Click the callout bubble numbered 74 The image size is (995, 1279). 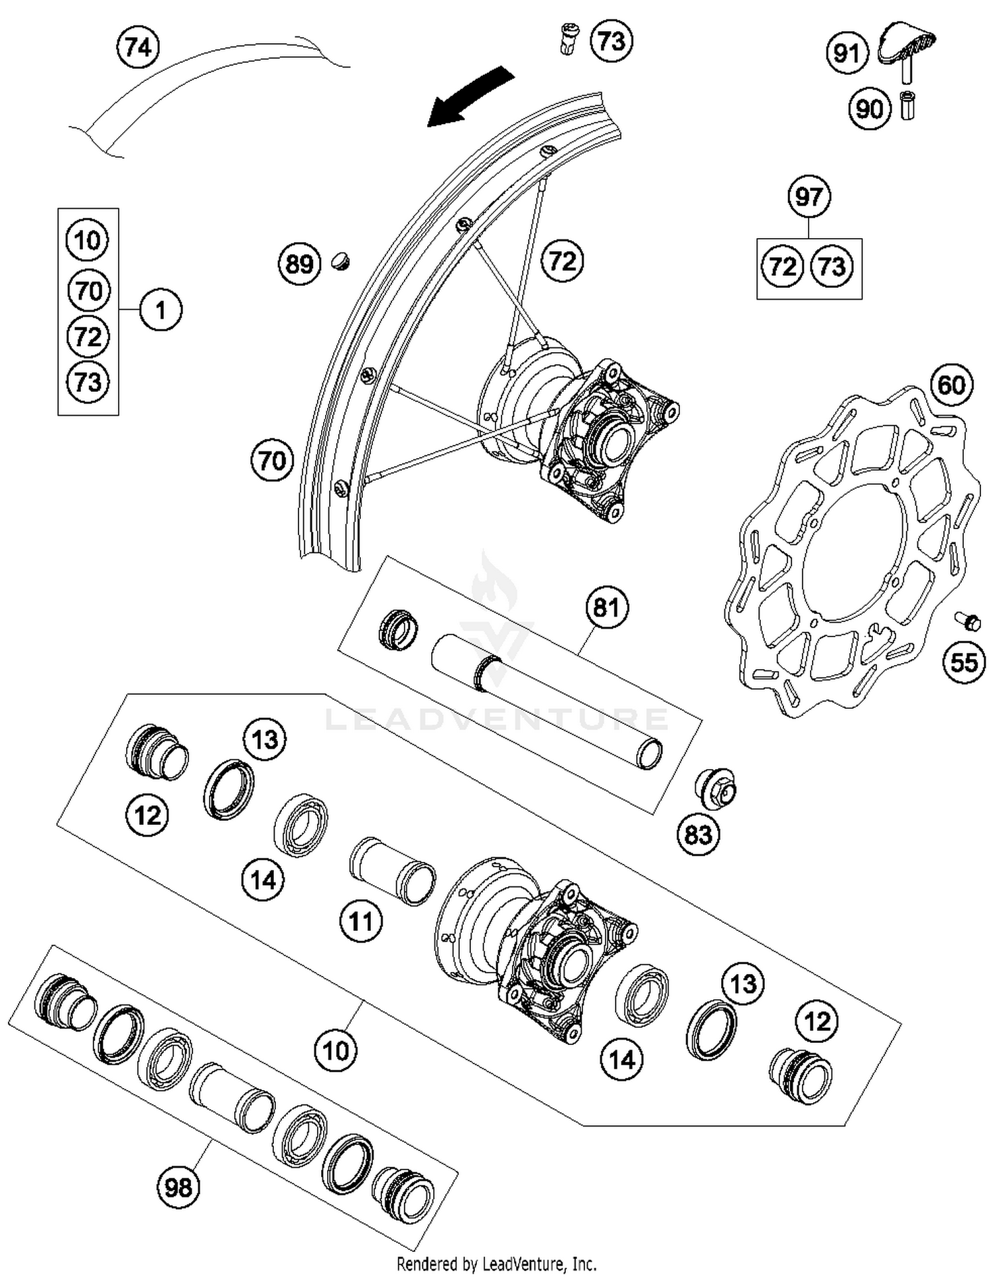(138, 48)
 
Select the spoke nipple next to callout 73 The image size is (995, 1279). (568, 39)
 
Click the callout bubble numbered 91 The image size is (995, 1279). (846, 53)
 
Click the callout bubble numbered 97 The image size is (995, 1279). (809, 197)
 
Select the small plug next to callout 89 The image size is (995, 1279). (340, 261)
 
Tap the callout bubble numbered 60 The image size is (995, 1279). (951, 385)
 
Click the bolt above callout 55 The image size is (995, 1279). (969, 621)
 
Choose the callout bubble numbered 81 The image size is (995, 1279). (606, 607)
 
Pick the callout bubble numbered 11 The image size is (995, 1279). (361, 921)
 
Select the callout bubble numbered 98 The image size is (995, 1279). (178, 1186)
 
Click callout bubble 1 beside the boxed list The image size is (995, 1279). (160, 310)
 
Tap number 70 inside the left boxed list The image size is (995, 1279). (88, 290)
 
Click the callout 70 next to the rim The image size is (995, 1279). (272, 461)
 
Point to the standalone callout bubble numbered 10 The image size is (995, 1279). (335, 1050)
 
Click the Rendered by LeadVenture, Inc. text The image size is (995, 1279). (496, 1264)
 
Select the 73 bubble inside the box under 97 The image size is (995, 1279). (832, 267)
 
